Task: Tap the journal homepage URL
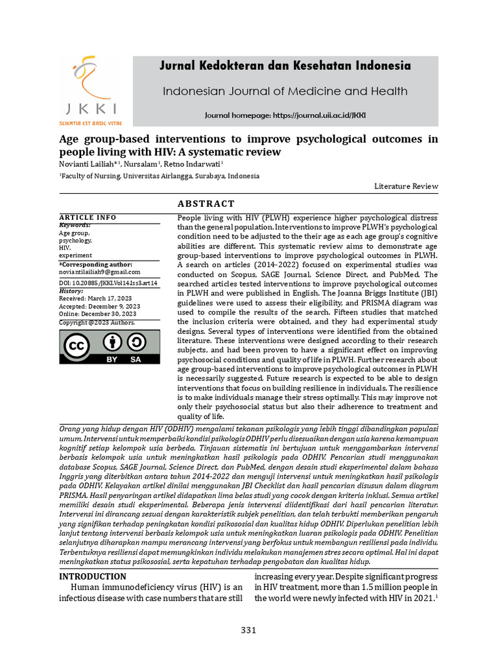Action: [x=285, y=115]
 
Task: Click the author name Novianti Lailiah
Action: [x=85, y=163]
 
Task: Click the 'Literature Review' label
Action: [x=406, y=186]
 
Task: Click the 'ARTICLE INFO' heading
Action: [x=88, y=217]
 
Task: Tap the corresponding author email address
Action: [x=100, y=272]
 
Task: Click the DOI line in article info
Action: [x=108, y=283]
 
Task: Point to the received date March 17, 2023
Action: [x=95, y=298]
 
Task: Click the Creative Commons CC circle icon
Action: [x=76, y=346]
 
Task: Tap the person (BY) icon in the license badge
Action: [x=112, y=343]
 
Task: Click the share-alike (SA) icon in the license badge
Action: [x=136, y=343]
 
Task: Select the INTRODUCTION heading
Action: [x=93, y=576]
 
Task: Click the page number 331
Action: [x=249, y=630]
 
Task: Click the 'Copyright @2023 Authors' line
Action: [x=97, y=322]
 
